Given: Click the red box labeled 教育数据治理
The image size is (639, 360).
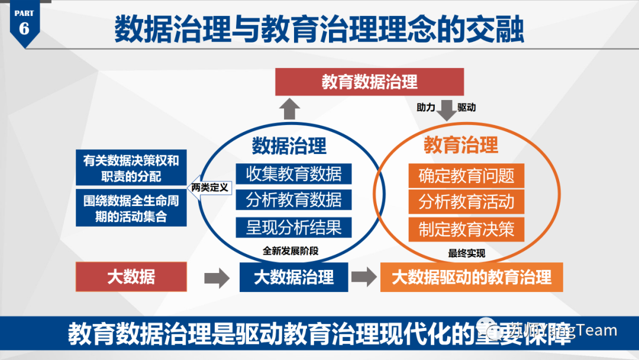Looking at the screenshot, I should (x=369, y=82).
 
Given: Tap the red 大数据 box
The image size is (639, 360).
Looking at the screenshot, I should (x=131, y=277).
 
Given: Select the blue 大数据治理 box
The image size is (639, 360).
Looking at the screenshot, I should (x=293, y=277).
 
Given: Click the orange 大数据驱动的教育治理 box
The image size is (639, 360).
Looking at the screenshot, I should (x=472, y=277).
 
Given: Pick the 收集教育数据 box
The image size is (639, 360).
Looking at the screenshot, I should (x=293, y=173).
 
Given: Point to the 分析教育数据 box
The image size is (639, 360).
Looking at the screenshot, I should (x=293, y=200).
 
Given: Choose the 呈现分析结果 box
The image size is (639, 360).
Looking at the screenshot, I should (x=293, y=227).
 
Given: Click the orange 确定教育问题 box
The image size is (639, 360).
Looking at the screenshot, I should (x=466, y=175).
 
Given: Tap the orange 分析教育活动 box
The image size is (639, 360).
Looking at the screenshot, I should (x=466, y=202).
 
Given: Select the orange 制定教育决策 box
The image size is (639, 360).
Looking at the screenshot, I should (x=466, y=229).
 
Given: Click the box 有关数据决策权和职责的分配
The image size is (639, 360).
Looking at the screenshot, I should (x=131, y=168).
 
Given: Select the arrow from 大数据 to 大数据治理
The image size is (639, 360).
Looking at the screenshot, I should (x=217, y=277).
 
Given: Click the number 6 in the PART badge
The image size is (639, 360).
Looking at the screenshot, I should (x=24, y=28).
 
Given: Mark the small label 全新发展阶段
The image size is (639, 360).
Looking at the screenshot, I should (x=291, y=250).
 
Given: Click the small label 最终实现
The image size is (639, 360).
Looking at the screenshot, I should (x=466, y=253).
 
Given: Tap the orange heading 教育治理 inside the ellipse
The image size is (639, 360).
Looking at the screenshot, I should (x=461, y=145).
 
